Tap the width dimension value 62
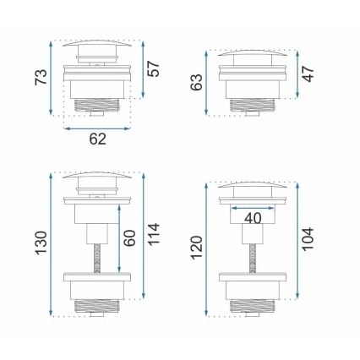tap(98, 143)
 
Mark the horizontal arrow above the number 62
tap(98, 128)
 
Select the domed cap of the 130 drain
tap(98, 178)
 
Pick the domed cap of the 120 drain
tap(254, 184)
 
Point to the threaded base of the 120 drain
tap(254, 306)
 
